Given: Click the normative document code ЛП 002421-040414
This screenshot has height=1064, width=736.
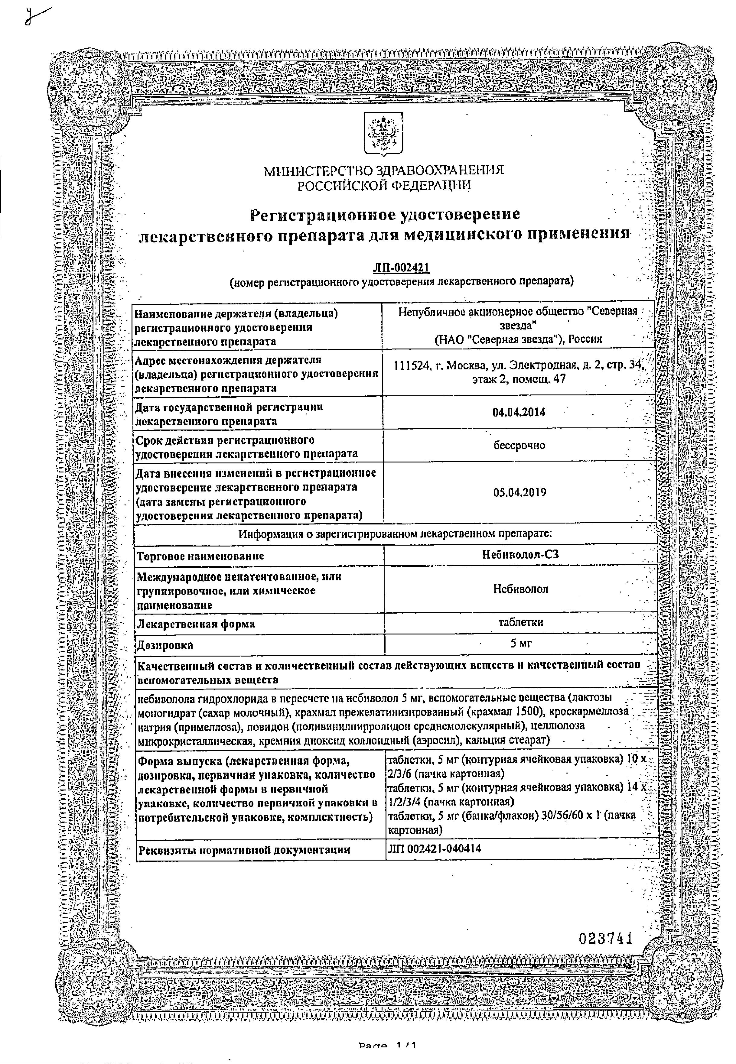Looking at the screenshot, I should pyautogui.click(x=435, y=849).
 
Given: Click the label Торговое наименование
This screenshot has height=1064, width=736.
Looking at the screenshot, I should pyautogui.click(x=200, y=556).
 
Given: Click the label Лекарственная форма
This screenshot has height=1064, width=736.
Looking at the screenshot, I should pyautogui.click(x=196, y=624).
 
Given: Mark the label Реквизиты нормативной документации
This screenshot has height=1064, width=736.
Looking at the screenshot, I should pyautogui.click(x=244, y=850).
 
